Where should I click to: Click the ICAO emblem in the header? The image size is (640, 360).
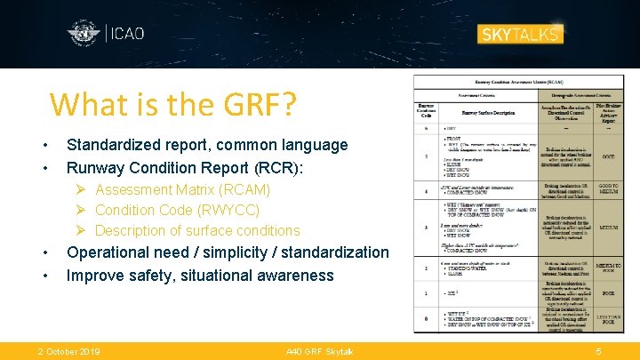tap(84, 35)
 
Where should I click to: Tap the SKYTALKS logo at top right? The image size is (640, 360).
tap(520, 35)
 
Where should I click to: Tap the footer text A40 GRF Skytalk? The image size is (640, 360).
tap(319, 352)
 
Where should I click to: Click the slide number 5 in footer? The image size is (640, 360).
tap(598, 352)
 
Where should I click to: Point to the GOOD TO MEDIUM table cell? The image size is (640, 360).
tap(609, 189)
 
